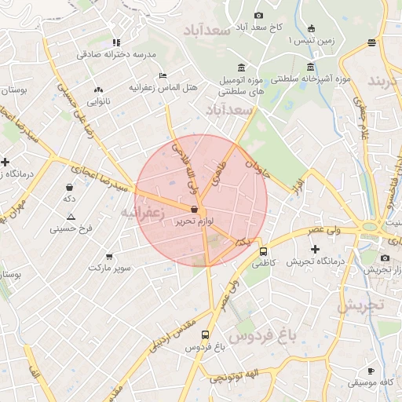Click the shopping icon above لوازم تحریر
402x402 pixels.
pyautogui.click(x=194, y=209)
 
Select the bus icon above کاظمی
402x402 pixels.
pyautogui.click(x=262, y=251)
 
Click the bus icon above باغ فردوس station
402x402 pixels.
pyautogui.click(x=205, y=334)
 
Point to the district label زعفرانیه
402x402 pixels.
pyautogui.click(x=142, y=213)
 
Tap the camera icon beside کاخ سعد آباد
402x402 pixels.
pyautogui.click(x=259, y=16)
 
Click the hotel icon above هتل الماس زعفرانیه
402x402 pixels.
pyautogui.click(x=163, y=75)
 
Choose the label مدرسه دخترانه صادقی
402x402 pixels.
pyautogui.click(x=116, y=54)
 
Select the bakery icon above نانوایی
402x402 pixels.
pyautogui.click(x=98, y=90)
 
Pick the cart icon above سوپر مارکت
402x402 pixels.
pyautogui.click(x=108, y=256)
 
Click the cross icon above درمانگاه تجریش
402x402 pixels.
pyautogui.click(x=315, y=249)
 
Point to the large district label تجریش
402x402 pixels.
pyautogui.click(x=361, y=305)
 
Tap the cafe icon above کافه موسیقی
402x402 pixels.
pyautogui.click(x=371, y=371)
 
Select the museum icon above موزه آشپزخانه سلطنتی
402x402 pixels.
pyautogui.click(x=312, y=66)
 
